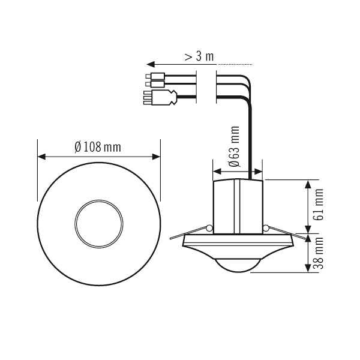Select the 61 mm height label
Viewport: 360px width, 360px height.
319,205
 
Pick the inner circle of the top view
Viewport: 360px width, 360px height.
98,220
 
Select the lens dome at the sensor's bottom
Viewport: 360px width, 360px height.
239,265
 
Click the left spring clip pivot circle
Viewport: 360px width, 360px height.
209,228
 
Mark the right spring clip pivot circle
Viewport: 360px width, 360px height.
266,228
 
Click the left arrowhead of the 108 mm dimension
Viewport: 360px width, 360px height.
41,157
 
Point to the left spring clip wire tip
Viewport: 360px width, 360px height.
172,235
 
